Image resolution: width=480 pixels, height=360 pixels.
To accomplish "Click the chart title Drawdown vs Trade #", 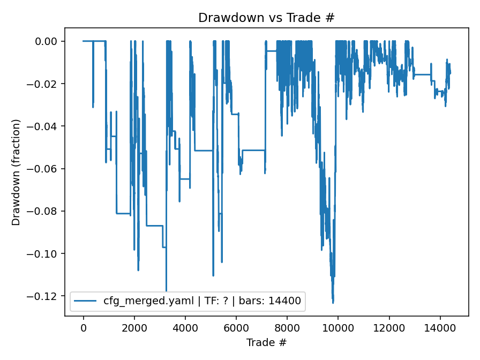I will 266,17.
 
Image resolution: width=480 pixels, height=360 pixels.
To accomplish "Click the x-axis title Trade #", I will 266,342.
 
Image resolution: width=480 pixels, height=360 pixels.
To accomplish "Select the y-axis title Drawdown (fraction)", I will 17,172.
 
